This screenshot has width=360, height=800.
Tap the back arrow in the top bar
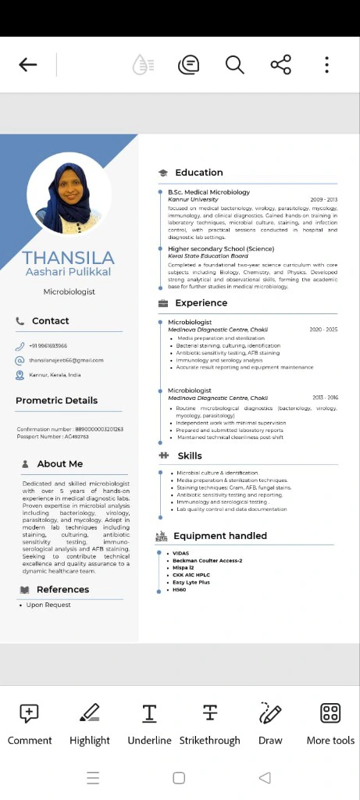[28, 65]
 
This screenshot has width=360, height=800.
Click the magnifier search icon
[234, 65]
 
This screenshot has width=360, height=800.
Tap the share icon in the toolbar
[280, 65]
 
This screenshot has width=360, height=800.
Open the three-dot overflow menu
[326, 65]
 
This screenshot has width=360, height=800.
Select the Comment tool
[30, 723]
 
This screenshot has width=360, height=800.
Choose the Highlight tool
[90, 723]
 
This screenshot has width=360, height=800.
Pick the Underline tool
[149, 723]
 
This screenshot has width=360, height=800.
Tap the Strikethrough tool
[209, 723]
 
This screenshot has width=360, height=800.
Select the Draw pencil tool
[270, 723]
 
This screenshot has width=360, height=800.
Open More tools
[330, 723]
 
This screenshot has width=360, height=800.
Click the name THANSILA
[69, 258]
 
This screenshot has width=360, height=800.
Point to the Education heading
[198, 173]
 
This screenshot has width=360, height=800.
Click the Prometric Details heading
[56, 401]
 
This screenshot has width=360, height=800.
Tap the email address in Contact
[66, 360]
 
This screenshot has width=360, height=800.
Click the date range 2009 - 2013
[323, 200]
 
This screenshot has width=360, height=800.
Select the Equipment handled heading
[219, 536]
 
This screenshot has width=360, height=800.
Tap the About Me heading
[59, 464]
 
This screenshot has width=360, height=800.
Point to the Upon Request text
[48, 605]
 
